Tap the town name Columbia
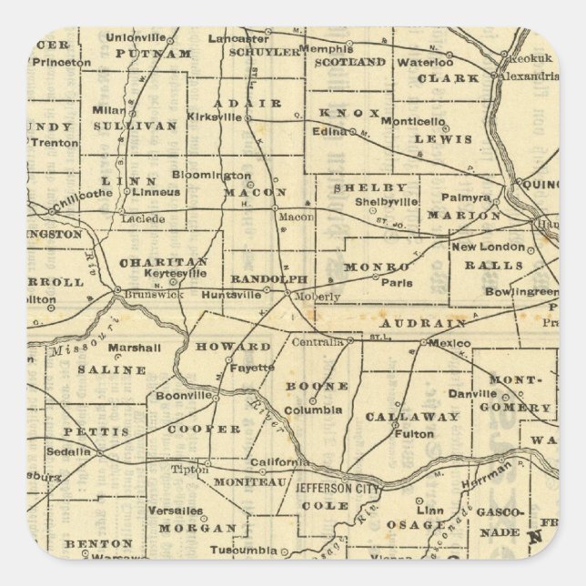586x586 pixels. [x=331, y=410]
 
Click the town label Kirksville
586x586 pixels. [x=214, y=117]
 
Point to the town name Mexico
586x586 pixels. [x=451, y=343]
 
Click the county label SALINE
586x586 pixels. [x=111, y=370]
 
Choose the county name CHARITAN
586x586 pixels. [x=164, y=262]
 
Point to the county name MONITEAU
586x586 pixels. [x=244, y=480]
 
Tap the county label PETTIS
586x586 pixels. [x=96, y=430]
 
